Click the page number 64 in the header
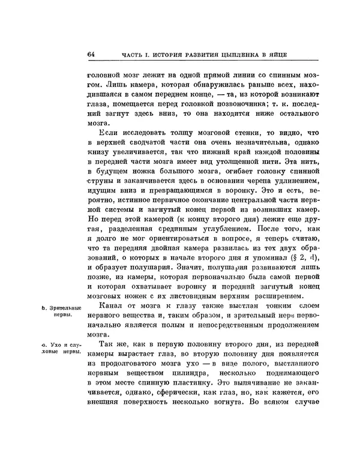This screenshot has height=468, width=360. [x=91, y=55]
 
